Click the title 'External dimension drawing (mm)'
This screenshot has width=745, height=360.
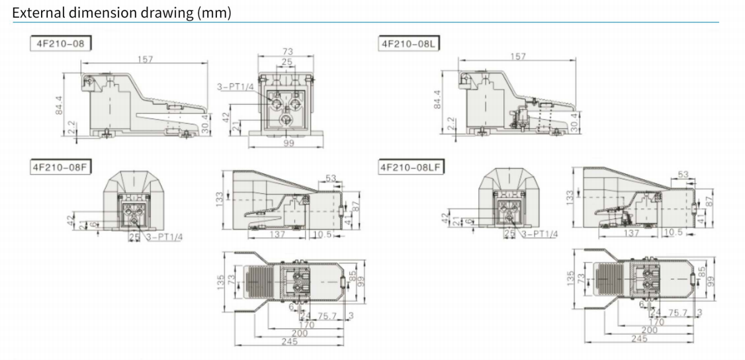coord(122,13)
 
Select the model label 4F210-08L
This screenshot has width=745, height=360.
coord(409,44)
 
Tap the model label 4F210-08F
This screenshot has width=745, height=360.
coord(60,167)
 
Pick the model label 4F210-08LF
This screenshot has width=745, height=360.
coord(412,167)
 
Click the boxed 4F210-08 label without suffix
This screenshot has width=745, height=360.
coord(60,44)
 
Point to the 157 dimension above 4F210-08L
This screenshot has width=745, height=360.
coord(518,56)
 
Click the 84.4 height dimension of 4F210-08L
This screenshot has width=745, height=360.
coord(437,100)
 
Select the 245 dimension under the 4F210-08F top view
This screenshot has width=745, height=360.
coord(289,341)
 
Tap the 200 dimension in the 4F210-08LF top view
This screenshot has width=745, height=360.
coord(650,330)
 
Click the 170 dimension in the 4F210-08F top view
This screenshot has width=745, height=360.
coord(306,325)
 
